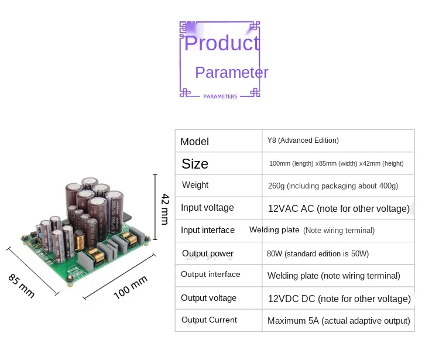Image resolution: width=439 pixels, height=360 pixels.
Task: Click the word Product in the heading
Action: point(222,43)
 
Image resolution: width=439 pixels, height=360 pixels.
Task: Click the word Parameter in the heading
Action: point(231,73)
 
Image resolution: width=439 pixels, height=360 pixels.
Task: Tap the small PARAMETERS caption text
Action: point(220,97)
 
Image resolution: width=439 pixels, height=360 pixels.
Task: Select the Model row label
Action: point(194,142)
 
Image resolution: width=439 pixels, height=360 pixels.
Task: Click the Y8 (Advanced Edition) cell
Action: point(303,140)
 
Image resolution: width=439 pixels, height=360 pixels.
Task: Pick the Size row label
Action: point(195,164)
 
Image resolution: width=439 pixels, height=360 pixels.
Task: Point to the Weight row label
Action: point(195,185)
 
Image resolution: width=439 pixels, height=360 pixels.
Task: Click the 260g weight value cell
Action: point(332,186)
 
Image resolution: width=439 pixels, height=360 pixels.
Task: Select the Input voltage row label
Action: point(207,208)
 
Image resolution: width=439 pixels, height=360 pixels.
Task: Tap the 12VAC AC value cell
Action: point(338,208)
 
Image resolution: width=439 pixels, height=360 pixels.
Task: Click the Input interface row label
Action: point(208,230)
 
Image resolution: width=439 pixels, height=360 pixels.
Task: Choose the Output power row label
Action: point(208,253)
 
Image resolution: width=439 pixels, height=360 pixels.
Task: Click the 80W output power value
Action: point(318,254)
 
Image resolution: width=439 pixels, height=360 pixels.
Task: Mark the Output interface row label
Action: point(211,275)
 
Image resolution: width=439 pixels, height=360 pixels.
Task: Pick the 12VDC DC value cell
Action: point(339,299)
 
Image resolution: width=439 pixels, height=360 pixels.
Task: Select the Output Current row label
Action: point(209,320)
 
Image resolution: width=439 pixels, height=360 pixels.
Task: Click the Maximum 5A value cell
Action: point(338,321)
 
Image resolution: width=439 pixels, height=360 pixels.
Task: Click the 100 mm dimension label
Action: point(131,287)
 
